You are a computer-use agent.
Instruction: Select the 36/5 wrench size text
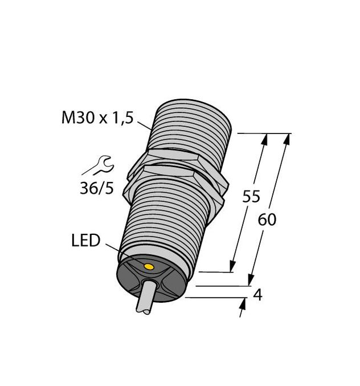[x=96, y=189]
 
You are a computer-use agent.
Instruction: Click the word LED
[x=85, y=241]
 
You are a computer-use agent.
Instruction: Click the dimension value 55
[x=251, y=197]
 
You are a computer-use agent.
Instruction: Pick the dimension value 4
[x=257, y=295]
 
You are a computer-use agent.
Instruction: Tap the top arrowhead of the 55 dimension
[x=264, y=138]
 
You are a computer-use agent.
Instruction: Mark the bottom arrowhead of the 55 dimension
[x=232, y=267]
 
